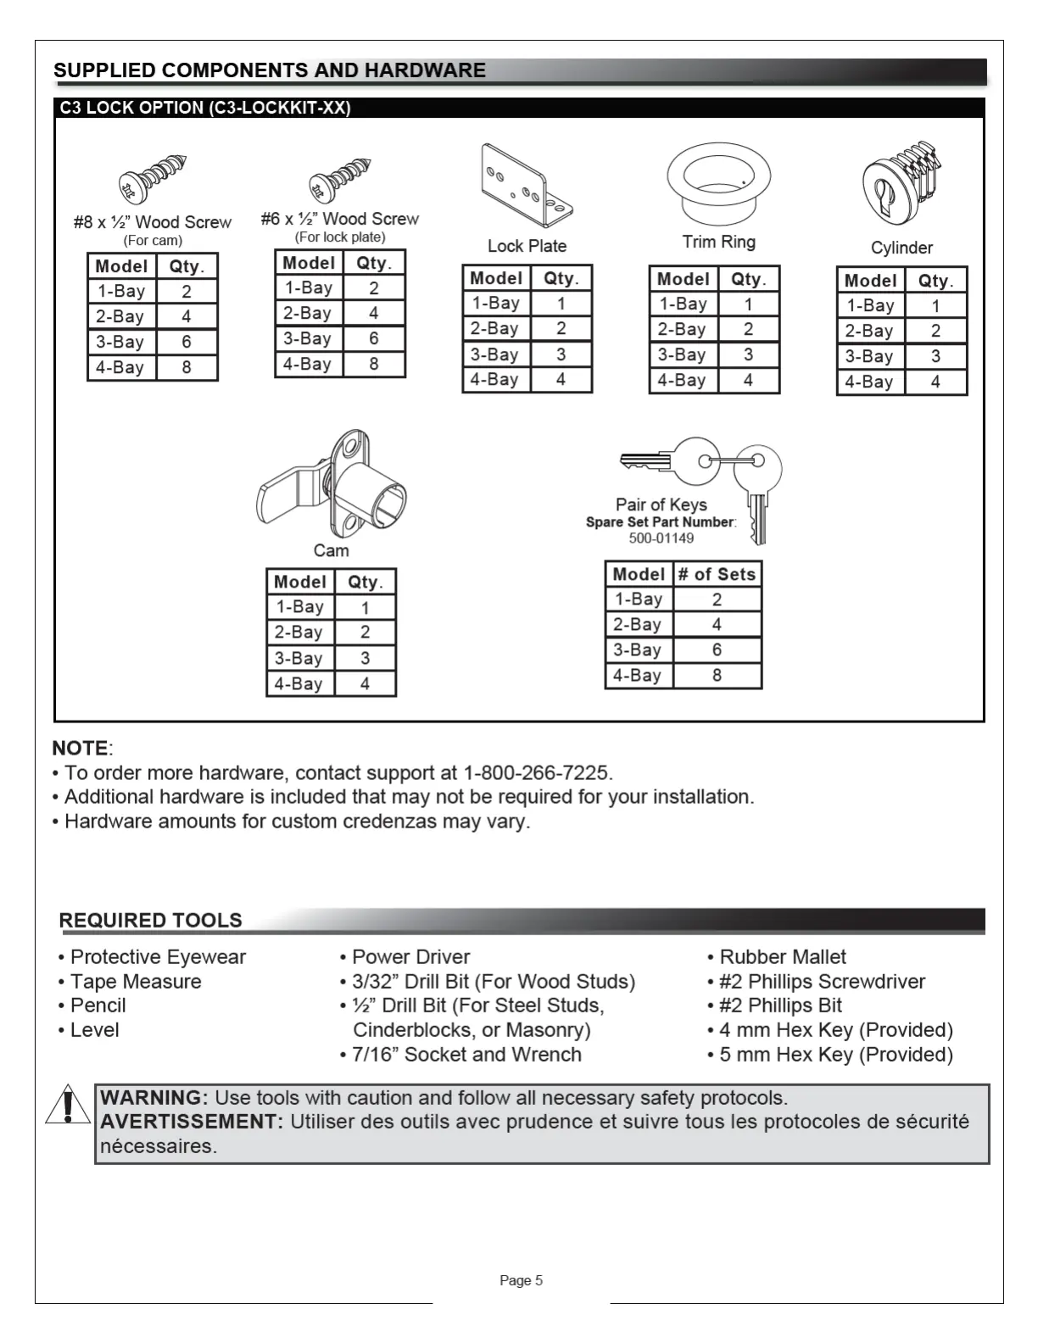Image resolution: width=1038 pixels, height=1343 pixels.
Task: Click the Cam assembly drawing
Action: (x=332, y=485)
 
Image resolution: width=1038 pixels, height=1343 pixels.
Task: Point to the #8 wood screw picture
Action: (x=153, y=179)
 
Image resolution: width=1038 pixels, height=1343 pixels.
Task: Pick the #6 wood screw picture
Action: (x=341, y=179)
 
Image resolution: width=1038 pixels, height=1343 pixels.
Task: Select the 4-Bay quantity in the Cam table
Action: (x=366, y=683)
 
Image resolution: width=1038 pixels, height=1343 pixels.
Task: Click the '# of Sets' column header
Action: (x=717, y=574)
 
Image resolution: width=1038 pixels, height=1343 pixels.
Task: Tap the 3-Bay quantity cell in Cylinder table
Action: (x=935, y=357)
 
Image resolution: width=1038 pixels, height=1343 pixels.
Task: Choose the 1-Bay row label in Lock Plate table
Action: (x=496, y=304)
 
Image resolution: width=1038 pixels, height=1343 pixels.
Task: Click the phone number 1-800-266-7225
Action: (x=536, y=773)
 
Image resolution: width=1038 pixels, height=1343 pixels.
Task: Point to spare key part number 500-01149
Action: (x=661, y=538)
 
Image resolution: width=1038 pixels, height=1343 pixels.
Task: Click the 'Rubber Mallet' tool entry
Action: (x=782, y=957)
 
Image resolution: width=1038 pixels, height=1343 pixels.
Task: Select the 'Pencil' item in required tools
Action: (x=98, y=1006)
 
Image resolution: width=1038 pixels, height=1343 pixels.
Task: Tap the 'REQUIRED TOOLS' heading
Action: (x=150, y=921)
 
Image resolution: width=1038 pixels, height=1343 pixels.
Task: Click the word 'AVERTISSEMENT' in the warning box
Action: (x=190, y=1122)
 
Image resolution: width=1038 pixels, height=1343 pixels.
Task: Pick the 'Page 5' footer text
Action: (x=521, y=1280)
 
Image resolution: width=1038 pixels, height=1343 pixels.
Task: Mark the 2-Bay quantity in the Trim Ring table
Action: (x=748, y=330)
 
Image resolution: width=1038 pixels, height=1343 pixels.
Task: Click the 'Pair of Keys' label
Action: (x=661, y=504)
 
